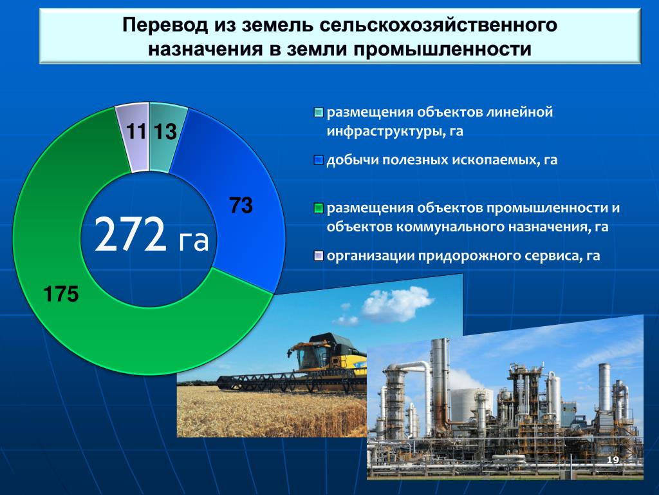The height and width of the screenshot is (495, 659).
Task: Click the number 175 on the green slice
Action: click(x=61, y=294)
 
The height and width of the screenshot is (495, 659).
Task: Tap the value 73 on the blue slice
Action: click(x=241, y=206)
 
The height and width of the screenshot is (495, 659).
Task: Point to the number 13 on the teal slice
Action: click(x=165, y=131)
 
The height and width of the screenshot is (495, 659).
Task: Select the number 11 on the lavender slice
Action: click(x=136, y=131)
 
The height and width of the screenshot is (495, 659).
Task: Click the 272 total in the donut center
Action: click(x=130, y=234)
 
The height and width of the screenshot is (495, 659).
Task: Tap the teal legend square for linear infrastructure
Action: click(x=319, y=113)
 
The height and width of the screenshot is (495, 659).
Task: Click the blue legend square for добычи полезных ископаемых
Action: click(x=319, y=160)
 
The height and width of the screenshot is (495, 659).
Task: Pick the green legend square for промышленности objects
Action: click(x=319, y=208)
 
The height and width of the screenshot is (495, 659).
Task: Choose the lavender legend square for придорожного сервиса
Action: click(x=319, y=255)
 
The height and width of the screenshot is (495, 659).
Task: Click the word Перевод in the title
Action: click(x=165, y=25)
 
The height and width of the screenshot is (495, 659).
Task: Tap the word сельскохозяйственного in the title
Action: click(x=438, y=25)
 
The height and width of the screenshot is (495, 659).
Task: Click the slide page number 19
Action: click(x=613, y=460)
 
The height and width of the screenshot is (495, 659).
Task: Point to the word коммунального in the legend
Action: click(x=451, y=227)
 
